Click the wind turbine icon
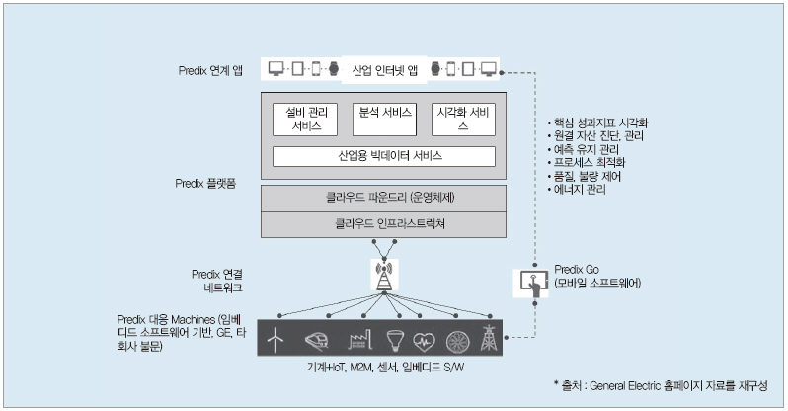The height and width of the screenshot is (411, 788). point(276,339)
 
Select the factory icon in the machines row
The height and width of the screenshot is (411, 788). point(356,339)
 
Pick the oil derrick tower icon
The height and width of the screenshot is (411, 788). point(487,339)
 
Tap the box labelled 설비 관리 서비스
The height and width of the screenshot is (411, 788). point(300,119)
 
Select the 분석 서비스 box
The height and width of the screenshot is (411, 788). point(383,119)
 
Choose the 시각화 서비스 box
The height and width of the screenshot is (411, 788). point(464,119)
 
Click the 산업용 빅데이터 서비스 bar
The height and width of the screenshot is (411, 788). point(383,156)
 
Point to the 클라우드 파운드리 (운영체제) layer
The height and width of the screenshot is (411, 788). point(383,198)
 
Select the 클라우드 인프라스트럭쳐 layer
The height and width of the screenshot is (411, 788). point(383,223)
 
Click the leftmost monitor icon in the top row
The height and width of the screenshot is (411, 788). point(276,69)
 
